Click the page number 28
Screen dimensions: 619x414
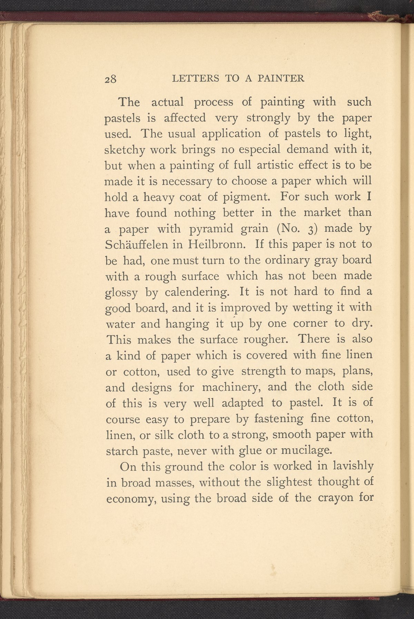point(111,79)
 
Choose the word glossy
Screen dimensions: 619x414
point(121,293)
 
